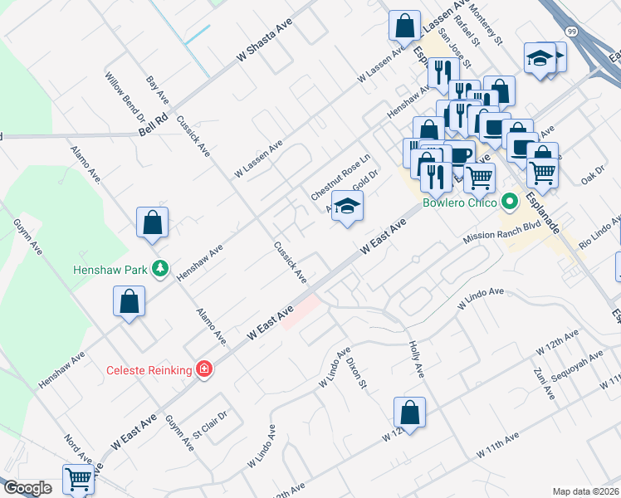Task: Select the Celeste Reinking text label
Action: (x=149, y=369)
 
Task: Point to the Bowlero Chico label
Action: (x=459, y=203)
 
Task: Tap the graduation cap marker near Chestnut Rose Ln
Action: (x=348, y=207)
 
